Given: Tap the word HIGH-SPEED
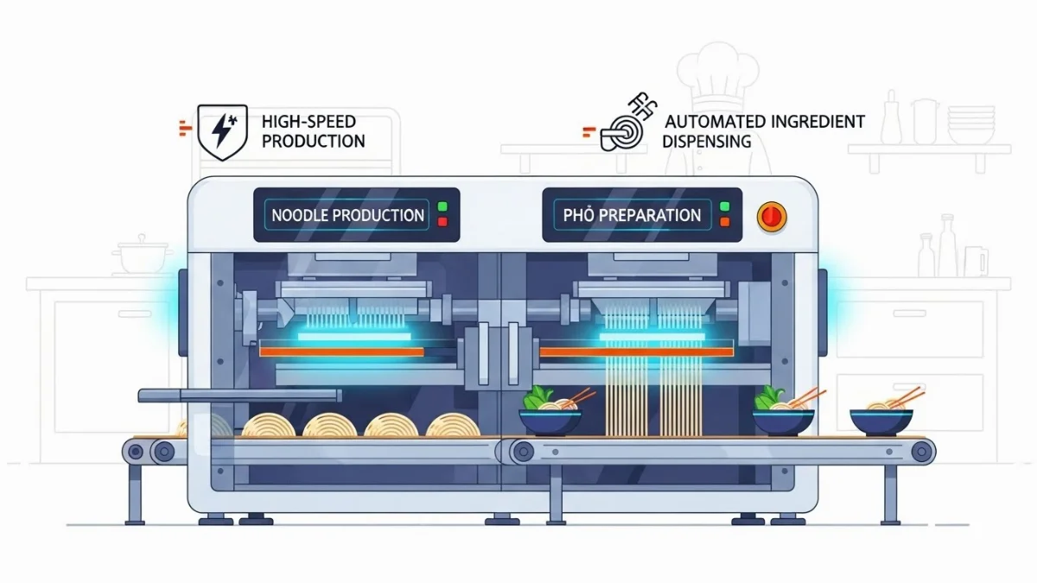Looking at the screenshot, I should coord(309,122).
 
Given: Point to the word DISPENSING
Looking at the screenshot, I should coord(707,141).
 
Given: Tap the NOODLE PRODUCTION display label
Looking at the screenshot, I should coord(347,215).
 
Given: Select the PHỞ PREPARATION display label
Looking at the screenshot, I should coord(633,214).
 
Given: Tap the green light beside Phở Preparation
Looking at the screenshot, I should coord(724,207).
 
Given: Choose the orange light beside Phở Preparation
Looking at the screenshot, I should coord(724,223).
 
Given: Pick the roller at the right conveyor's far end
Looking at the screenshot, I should coord(921,450).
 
